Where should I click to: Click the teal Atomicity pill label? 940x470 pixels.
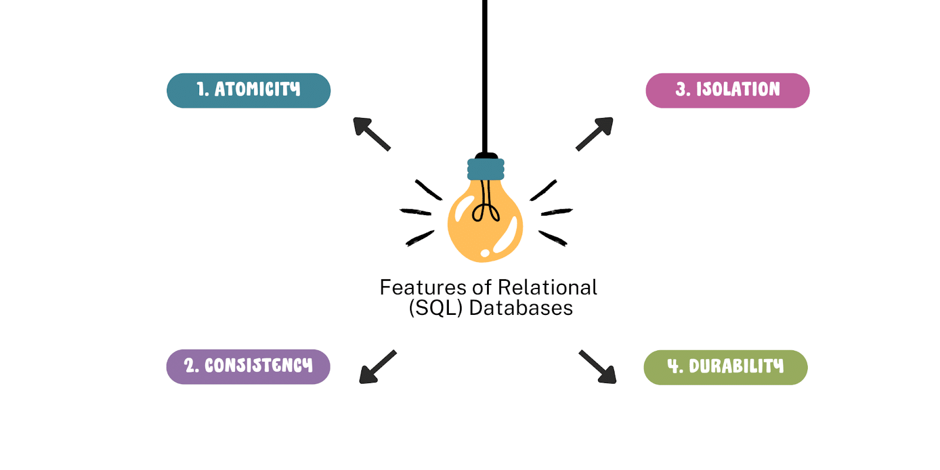tap(249, 90)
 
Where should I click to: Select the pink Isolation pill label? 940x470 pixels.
tap(727, 90)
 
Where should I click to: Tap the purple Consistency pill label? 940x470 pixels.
tap(248, 367)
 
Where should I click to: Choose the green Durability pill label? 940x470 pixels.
tap(726, 367)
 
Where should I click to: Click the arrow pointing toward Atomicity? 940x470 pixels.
tap(371, 133)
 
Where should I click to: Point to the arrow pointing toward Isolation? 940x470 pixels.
tap(595, 133)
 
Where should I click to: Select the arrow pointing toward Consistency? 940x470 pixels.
tap(377, 367)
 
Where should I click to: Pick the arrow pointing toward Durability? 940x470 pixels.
tap(598, 367)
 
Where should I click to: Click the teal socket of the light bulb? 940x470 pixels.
tap(486, 169)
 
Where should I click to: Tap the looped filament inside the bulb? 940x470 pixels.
tap(485, 209)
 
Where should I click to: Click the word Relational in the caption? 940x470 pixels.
tap(547, 287)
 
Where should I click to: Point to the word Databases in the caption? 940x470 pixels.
tap(521, 308)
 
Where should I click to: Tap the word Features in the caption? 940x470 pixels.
tap(423, 287)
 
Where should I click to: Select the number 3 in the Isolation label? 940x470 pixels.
tap(681, 89)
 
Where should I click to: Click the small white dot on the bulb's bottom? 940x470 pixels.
tap(485, 253)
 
